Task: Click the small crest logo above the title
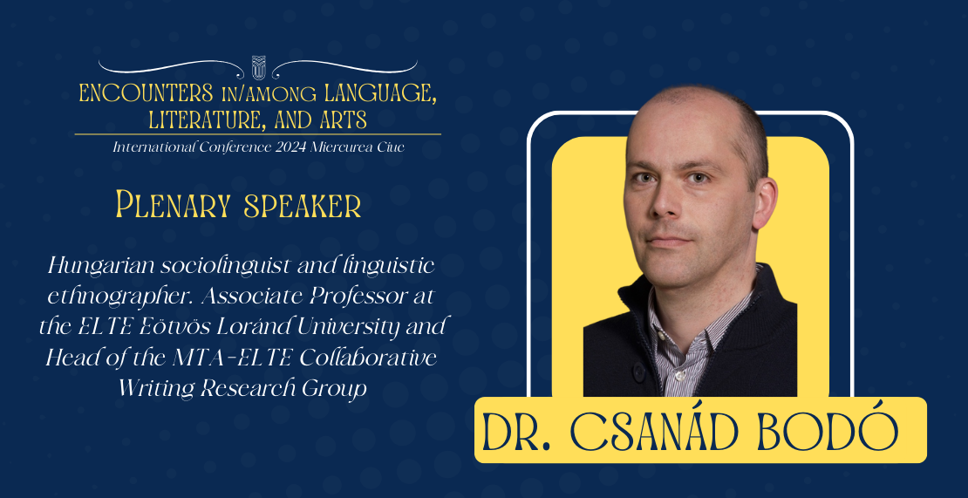point(258,67)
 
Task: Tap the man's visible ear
point(764,203)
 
